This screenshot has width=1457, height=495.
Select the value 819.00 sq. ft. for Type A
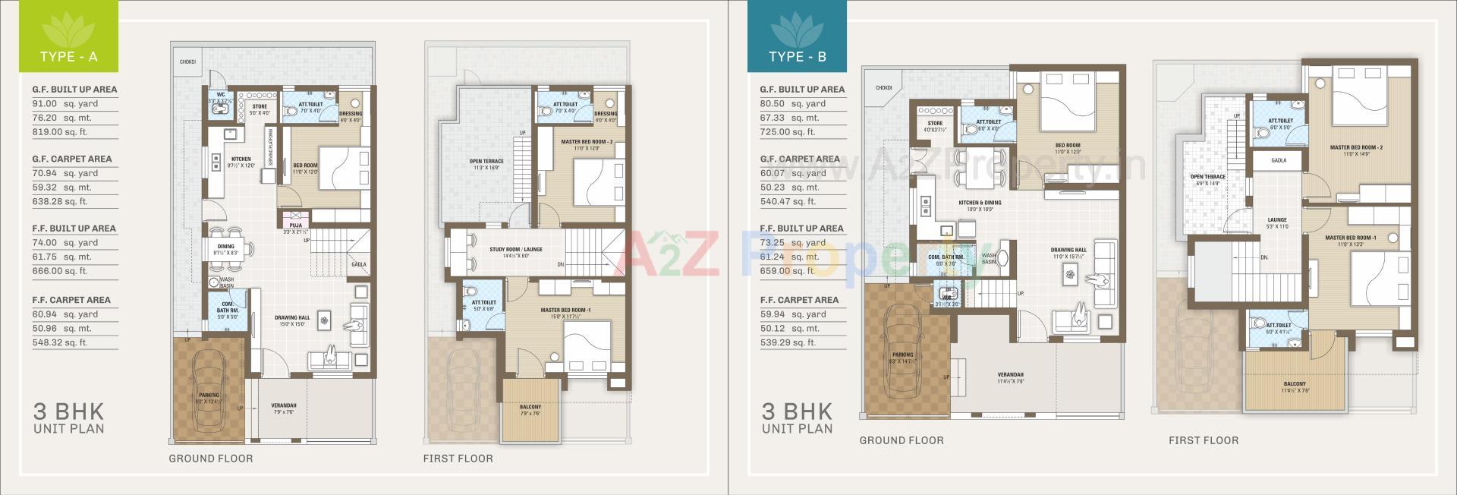(x=59, y=131)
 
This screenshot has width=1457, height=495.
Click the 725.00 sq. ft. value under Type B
(x=788, y=131)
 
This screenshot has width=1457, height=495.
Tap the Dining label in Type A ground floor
(x=226, y=247)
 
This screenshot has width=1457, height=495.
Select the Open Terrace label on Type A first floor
(x=486, y=162)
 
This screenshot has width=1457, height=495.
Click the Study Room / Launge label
(x=516, y=249)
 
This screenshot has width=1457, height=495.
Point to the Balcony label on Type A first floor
(x=530, y=408)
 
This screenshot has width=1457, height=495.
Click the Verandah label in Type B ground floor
(x=1010, y=375)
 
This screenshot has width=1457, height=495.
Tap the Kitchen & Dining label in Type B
(x=980, y=203)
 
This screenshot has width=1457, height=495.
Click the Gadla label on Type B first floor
(x=1279, y=161)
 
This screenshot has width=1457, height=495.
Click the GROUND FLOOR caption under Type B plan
(x=902, y=440)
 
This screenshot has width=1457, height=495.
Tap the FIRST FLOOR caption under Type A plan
(x=458, y=459)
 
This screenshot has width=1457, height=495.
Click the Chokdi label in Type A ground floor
(x=187, y=61)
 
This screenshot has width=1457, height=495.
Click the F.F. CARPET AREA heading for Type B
(x=799, y=300)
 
